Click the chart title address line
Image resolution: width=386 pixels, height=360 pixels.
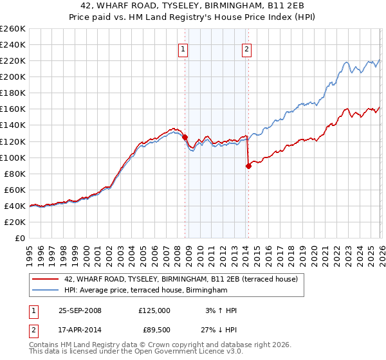193,6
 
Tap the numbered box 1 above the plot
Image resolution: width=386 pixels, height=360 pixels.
183,49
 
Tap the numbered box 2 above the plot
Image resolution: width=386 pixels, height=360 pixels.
246,49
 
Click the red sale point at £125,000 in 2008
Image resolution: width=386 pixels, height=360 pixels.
185,137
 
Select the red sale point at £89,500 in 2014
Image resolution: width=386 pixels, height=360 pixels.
248,166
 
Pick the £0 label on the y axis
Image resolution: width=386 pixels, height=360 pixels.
19,238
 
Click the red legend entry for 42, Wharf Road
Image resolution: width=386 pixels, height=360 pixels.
181,280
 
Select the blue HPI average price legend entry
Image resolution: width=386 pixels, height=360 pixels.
146,291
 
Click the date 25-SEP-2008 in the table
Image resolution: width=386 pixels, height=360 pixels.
80,310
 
